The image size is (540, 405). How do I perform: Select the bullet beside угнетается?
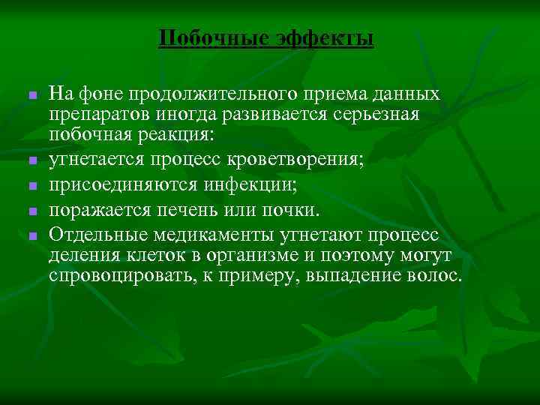(32, 160)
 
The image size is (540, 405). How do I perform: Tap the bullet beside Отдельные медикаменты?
(32, 236)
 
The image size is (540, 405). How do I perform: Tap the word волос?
(433, 276)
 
